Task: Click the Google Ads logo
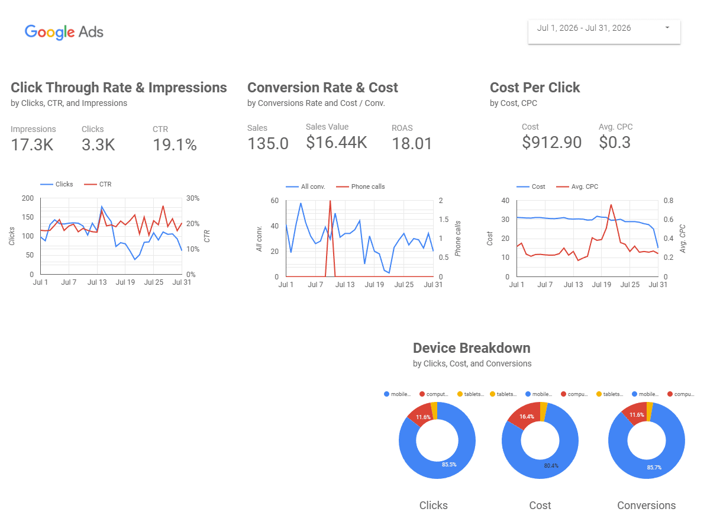coord(64,32)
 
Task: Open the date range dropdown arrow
coord(667,27)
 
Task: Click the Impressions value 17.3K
coord(32,145)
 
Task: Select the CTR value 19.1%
coord(175,145)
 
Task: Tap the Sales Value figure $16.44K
coord(337,143)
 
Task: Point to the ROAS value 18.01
coord(412,143)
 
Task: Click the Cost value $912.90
coord(551,143)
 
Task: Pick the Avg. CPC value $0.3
coord(615,143)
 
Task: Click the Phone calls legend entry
coord(360,187)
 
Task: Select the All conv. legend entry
coord(305,187)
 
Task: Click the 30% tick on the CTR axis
coord(193,198)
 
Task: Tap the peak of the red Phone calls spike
coord(330,201)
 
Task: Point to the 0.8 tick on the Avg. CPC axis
coord(668,201)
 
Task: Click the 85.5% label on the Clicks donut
coord(449,464)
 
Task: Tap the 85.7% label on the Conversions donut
coord(654,468)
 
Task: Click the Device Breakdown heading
coord(472,348)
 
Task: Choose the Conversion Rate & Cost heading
coord(322,88)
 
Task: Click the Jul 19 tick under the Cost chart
coord(602,285)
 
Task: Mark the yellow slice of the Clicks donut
coord(434,410)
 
